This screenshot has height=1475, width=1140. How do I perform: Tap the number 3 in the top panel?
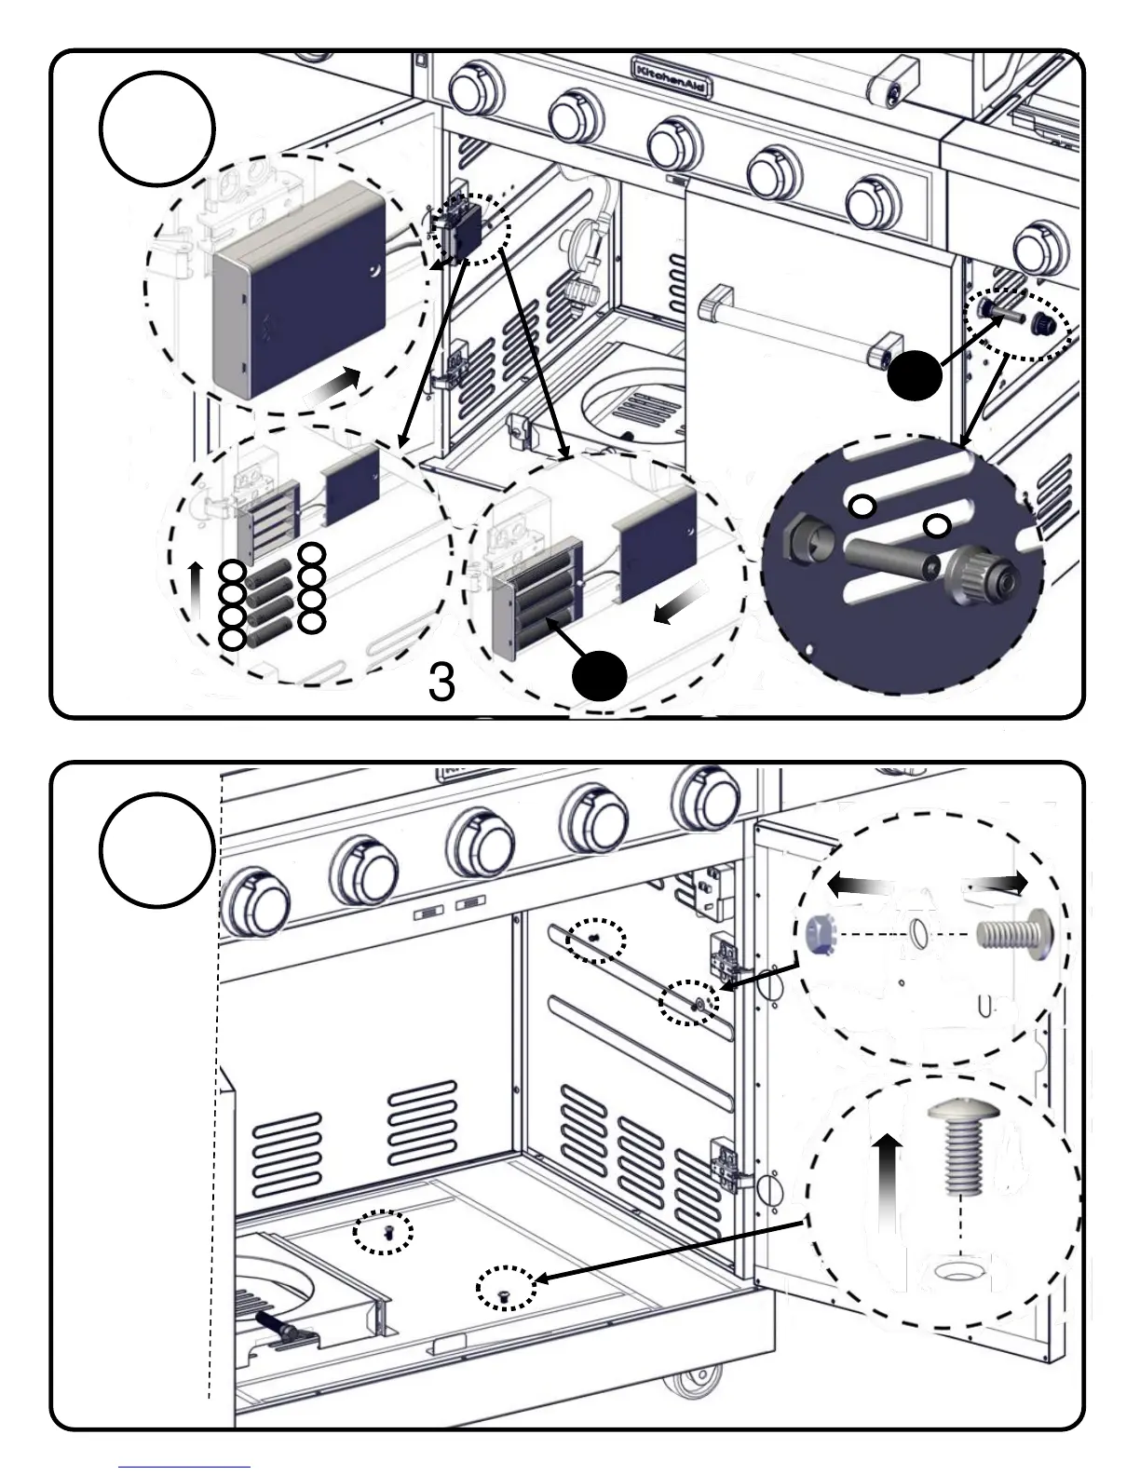[x=441, y=683]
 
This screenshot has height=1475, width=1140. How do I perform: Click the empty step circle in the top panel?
[x=157, y=129]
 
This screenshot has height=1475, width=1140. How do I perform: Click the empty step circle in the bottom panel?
[x=157, y=849]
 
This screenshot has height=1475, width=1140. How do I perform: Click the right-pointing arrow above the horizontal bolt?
[x=997, y=883]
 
